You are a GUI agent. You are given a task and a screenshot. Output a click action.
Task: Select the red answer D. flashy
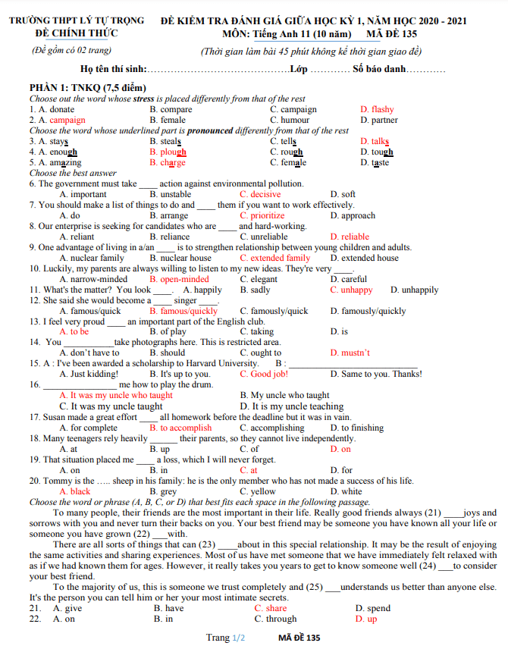pos(377,109)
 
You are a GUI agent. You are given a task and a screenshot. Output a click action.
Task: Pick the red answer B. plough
pos(168,152)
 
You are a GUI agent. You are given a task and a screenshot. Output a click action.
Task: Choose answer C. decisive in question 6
pos(260,194)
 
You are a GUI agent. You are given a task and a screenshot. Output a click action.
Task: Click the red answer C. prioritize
pos(262,215)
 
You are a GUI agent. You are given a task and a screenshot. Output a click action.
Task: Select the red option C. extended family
pos(274,258)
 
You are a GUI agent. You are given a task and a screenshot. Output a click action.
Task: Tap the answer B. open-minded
pos(179,279)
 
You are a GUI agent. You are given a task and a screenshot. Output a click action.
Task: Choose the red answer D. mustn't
pos(350,353)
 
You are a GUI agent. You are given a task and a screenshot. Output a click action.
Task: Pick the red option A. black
pos(74,491)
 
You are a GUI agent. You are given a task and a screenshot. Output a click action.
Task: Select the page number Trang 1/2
pos(226,638)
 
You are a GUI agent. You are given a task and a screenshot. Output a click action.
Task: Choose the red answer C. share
pos(270,608)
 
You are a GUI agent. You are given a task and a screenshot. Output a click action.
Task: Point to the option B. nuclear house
pos(180,258)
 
